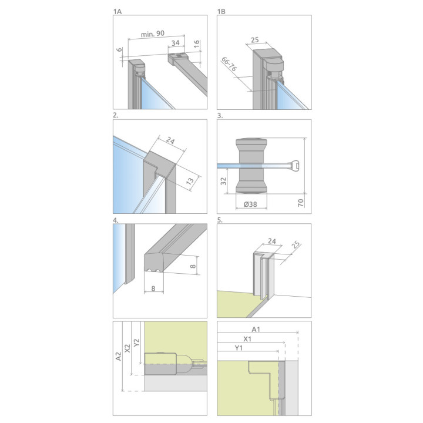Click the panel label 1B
click(221, 11)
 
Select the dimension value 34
click(176, 43)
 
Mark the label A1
click(257, 329)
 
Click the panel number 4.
click(116, 221)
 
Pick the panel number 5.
click(220, 221)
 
